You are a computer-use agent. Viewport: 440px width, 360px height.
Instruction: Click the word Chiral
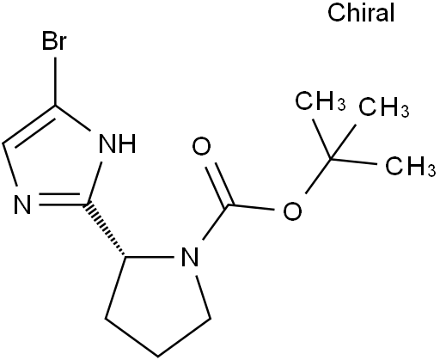[x=361, y=13]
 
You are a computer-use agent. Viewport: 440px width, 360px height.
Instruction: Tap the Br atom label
[x=54, y=41]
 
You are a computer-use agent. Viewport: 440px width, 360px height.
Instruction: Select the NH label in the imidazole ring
[x=117, y=143]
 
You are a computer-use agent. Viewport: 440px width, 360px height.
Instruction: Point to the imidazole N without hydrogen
[x=22, y=204]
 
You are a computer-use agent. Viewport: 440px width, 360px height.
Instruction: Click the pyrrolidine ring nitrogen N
[x=190, y=257]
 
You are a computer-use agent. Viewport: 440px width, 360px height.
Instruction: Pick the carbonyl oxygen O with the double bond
[x=201, y=146]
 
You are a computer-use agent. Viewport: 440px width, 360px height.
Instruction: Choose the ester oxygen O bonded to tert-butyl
[x=292, y=211]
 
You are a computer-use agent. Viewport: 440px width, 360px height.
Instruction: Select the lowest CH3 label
[x=410, y=166]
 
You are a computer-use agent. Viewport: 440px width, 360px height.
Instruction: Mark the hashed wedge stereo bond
[x=106, y=229]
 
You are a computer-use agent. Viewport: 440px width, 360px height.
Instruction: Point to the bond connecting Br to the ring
[x=55, y=82]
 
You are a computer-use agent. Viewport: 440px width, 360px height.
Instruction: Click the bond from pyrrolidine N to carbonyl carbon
[x=215, y=223]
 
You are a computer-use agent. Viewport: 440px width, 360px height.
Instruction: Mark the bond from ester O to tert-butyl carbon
[x=318, y=176]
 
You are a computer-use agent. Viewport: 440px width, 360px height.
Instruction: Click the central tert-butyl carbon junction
[x=330, y=158]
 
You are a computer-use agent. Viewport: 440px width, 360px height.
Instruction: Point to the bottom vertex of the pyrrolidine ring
[x=158, y=357]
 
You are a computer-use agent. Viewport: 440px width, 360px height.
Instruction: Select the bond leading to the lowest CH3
[x=353, y=162]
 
